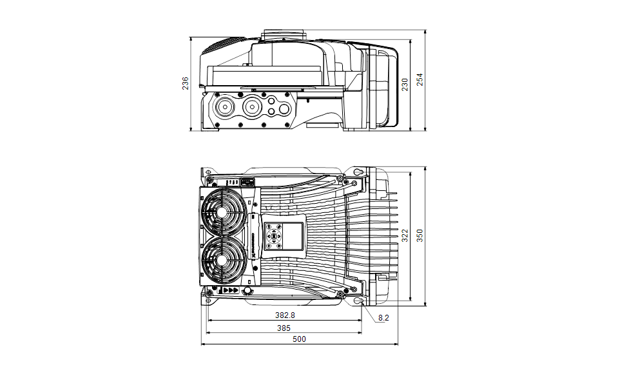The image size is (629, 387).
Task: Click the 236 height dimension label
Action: coord(186,83)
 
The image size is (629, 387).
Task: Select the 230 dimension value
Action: coord(405,84)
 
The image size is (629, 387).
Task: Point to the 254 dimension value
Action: coord(420,79)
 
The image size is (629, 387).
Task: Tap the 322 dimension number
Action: coord(405,236)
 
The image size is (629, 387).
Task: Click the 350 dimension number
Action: coord(420,236)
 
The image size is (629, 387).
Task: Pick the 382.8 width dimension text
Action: coord(284,315)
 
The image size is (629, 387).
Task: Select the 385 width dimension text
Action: coord(284,328)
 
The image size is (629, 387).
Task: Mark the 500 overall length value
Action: coord(300,339)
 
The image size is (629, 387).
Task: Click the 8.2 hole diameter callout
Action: coord(383,317)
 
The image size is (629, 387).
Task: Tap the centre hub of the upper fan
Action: coord(222,212)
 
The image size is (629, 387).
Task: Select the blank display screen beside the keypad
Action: coord(292,235)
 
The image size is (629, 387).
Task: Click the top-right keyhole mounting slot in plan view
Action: coord(358,172)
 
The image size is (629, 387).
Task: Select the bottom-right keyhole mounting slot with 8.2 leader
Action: coord(358,301)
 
